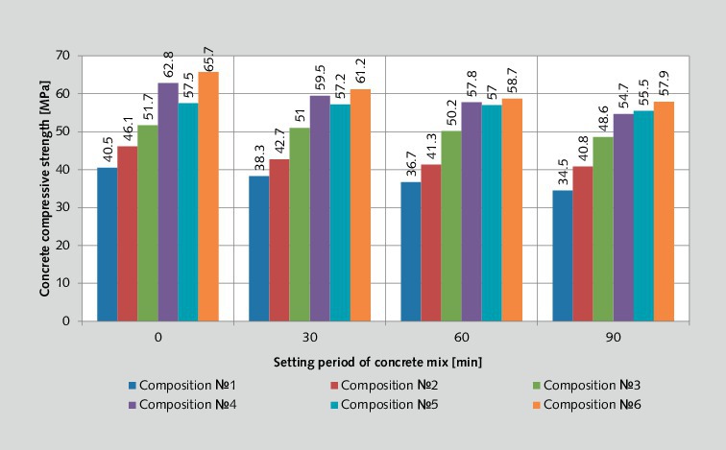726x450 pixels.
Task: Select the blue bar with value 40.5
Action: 107,245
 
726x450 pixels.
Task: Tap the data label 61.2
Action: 360,71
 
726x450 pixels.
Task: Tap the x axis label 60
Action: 461,339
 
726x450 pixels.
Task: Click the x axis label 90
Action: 613,339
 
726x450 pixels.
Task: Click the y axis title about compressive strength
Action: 45,188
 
